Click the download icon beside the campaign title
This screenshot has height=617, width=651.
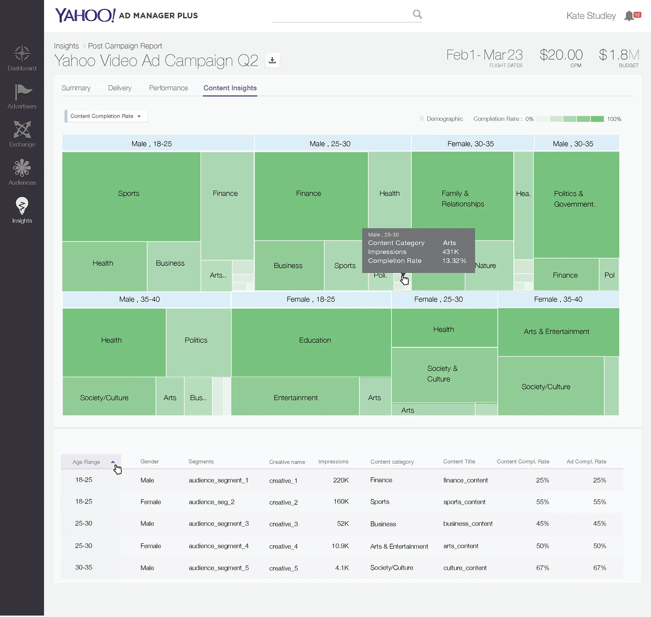click(x=272, y=60)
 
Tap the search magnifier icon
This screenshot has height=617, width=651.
click(x=417, y=14)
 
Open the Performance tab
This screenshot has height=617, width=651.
click(x=168, y=88)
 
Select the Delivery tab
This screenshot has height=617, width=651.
click(x=120, y=88)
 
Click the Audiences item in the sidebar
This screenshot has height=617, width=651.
click(x=22, y=172)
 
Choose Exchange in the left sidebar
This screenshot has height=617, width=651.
click(x=22, y=134)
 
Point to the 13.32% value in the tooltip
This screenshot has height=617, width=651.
click(x=454, y=261)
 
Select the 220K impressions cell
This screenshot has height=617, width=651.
click(x=341, y=480)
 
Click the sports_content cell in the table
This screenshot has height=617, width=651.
click(x=464, y=502)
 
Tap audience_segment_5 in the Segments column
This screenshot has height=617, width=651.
click(x=219, y=568)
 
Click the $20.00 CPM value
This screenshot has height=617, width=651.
click(x=561, y=55)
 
